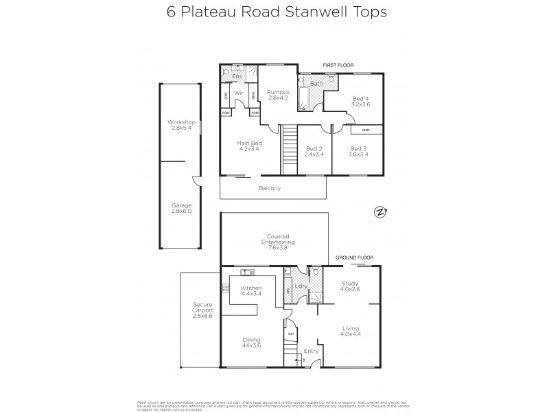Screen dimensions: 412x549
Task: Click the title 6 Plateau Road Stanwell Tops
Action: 274,12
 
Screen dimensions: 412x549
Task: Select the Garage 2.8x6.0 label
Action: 182,208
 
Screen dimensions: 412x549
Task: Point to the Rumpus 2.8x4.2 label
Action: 278,95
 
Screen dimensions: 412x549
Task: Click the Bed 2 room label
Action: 314,151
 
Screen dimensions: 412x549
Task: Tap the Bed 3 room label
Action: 359,151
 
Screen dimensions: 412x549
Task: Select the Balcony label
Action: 270,188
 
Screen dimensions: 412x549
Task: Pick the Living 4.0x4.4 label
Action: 351,332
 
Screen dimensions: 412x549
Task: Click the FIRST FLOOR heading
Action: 338,66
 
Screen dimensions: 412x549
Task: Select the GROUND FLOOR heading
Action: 353,257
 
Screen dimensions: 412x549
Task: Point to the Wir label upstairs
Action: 240,93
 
